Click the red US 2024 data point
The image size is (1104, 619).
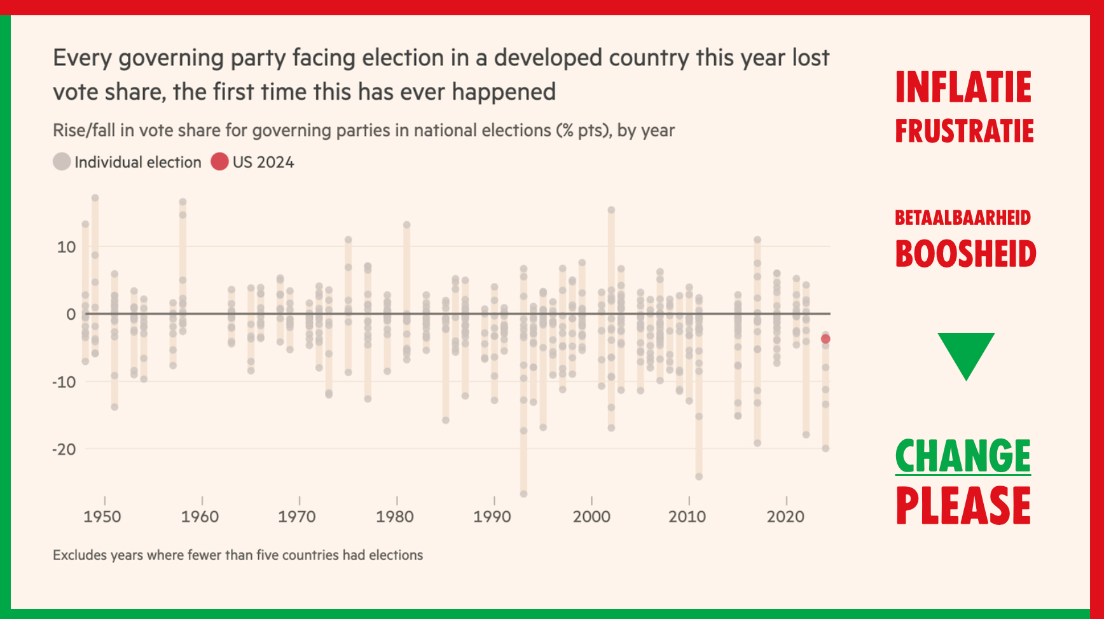pyautogui.click(x=825, y=339)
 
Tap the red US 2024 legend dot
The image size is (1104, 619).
pyautogui.click(x=219, y=161)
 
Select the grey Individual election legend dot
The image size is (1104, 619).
pyautogui.click(x=62, y=161)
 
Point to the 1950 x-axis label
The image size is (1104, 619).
pyautogui.click(x=102, y=516)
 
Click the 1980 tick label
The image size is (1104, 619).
pyautogui.click(x=395, y=516)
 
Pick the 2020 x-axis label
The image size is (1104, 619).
pyautogui.click(x=785, y=516)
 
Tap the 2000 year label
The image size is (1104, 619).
pyautogui.click(x=591, y=516)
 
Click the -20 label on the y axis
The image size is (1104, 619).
pyautogui.click(x=64, y=449)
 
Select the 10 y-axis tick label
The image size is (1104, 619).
pyautogui.click(x=66, y=247)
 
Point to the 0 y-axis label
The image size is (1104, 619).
pyautogui.click(x=71, y=315)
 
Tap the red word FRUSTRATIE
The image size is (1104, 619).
pyautogui.click(x=964, y=131)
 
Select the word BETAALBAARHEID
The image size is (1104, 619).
pyautogui.click(x=962, y=218)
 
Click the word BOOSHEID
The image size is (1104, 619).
pyautogui.click(x=965, y=254)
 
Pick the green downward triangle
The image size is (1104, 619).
pyautogui.click(x=966, y=353)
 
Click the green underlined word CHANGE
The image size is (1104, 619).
pyautogui.click(x=963, y=456)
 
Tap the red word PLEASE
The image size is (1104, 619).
pyautogui.click(x=963, y=506)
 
